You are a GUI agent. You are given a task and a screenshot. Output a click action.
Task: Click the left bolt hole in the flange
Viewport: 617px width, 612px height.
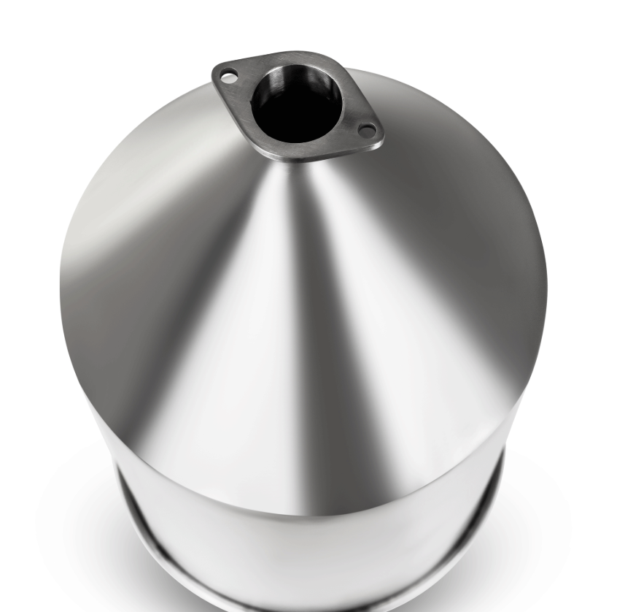(x=229, y=75)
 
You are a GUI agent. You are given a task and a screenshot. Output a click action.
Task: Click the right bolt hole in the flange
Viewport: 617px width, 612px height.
(x=368, y=131)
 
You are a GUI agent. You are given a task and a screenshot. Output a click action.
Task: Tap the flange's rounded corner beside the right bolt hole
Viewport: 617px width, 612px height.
(x=380, y=135)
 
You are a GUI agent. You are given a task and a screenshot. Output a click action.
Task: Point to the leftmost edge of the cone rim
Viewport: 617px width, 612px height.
(x=61, y=292)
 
